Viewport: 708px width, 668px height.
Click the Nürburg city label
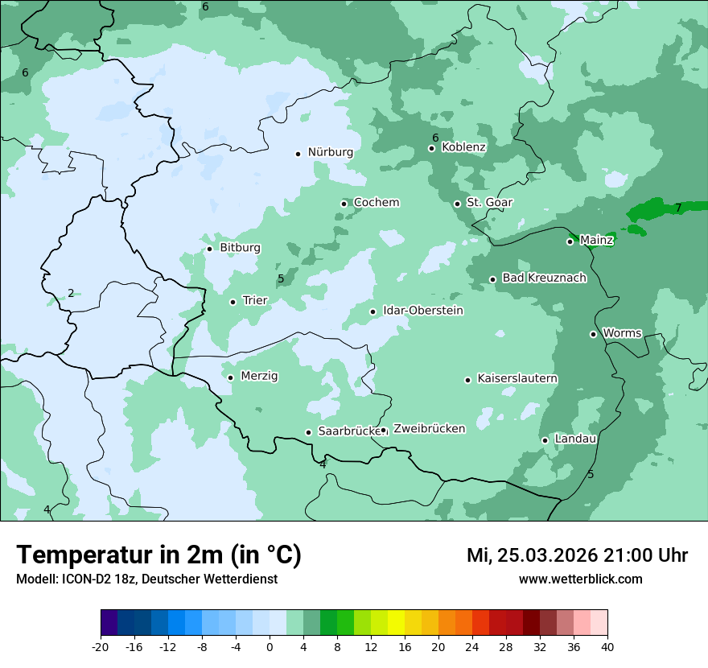click(x=330, y=152)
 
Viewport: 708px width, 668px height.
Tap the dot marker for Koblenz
click(x=432, y=148)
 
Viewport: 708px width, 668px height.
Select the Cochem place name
click(x=376, y=203)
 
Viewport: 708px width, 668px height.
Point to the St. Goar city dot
click(x=457, y=204)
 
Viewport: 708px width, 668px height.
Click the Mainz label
click(x=596, y=241)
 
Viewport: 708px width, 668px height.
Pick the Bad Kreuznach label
click(x=544, y=278)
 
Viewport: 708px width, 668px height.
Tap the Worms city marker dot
click(x=594, y=334)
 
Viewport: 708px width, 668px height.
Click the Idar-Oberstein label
click(x=422, y=311)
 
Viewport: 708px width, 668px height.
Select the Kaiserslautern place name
click(x=517, y=379)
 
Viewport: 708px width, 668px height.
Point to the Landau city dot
click(x=545, y=440)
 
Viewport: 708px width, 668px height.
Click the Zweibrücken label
click(x=429, y=429)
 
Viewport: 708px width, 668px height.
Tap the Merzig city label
click(x=259, y=377)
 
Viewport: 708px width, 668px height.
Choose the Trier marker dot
click(x=233, y=303)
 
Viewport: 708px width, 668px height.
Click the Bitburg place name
click(x=240, y=248)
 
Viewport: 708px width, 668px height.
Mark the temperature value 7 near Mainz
click(x=678, y=208)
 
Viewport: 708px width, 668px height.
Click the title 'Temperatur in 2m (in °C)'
click(x=158, y=555)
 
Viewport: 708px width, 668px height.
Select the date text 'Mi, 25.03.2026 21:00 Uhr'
click(x=577, y=555)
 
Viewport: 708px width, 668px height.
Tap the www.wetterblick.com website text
click(x=580, y=579)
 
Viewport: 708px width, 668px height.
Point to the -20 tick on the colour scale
click(x=101, y=647)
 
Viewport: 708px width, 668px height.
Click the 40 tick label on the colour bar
click(x=607, y=647)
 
